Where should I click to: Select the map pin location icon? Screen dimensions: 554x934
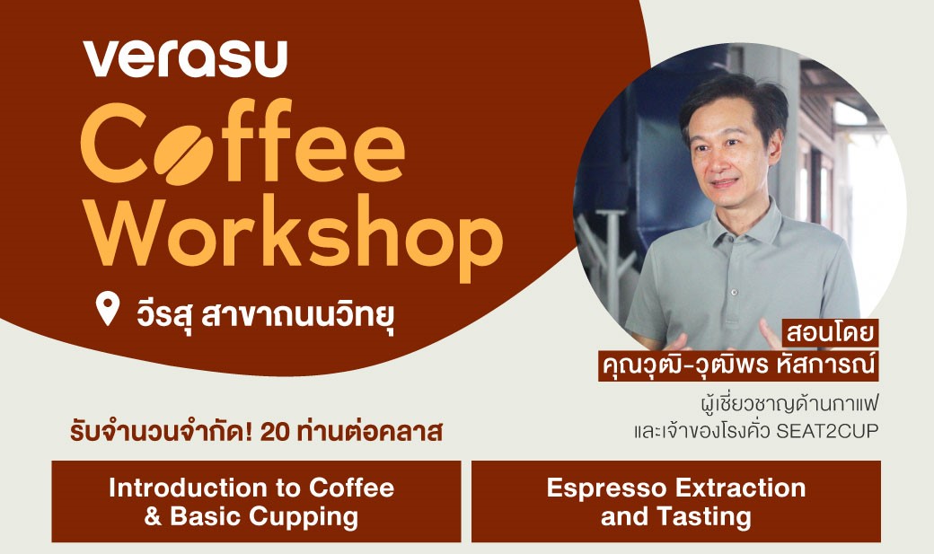pos(107,308)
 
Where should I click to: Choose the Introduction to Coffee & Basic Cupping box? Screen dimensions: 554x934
pos(256,501)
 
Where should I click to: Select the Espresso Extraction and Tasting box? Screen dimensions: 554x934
pos(675,501)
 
